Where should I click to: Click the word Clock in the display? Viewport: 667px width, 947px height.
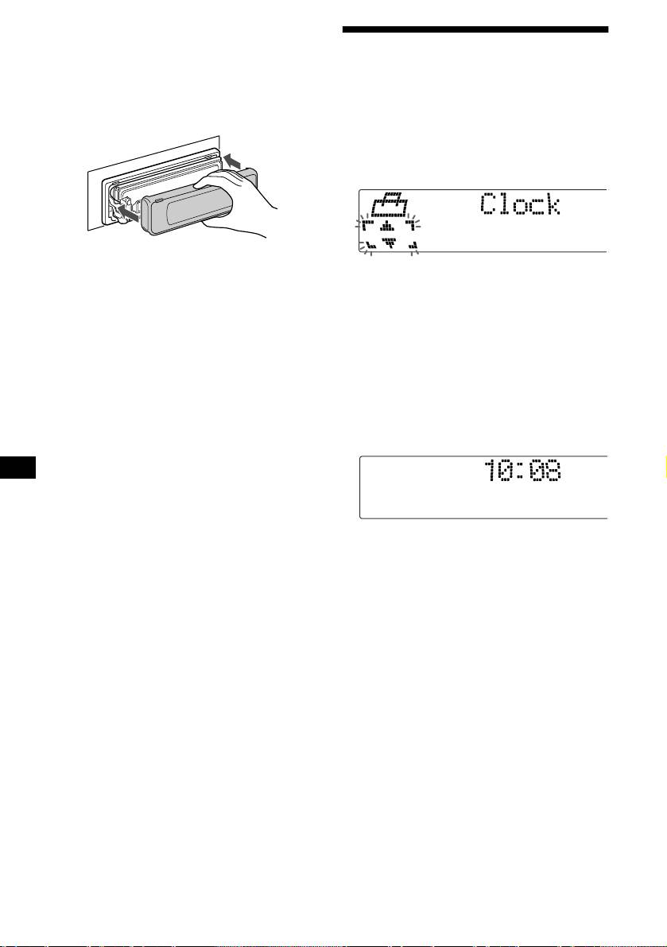pos(520,207)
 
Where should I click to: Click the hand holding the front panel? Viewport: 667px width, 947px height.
pos(238,207)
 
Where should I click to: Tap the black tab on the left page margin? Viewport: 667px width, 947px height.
pos(17,467)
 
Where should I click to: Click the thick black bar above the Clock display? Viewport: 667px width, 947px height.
pos(475,32)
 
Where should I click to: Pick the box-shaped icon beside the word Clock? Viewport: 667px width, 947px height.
pos(390,208)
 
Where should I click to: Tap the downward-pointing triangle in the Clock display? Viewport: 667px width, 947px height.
pos(389,243)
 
